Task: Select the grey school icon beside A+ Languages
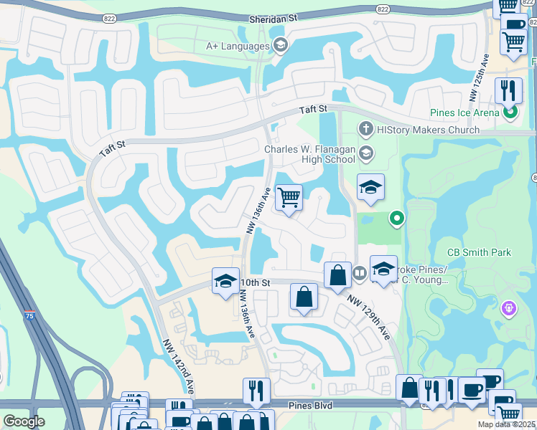(281, 46)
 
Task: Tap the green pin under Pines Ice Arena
(510, 112)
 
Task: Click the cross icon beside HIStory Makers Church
(366, 130)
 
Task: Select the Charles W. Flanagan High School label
(309, 154)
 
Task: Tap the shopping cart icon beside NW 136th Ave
(289, 197)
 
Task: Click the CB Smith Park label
(480, 252)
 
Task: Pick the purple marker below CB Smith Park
(510, 309)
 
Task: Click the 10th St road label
(255, 283)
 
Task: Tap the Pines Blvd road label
(311, 406)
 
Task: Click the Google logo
(24, 421)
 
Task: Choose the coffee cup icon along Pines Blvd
(471, 391)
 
